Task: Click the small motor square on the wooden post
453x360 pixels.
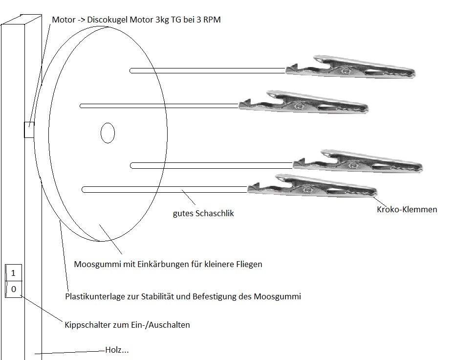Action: (x=29, y=130)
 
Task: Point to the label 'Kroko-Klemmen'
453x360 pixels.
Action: (x=407, y=209)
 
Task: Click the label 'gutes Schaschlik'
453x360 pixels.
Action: (x=203, y=213)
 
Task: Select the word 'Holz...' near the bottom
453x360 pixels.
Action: (x=117, y=350)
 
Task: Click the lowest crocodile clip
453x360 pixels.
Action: (x=312, y=186)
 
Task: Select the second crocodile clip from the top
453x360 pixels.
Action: (x=303, y=102)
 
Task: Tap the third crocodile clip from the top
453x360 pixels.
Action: (x=358, y=161)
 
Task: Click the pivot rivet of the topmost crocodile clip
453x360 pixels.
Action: (x=345, y=70)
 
